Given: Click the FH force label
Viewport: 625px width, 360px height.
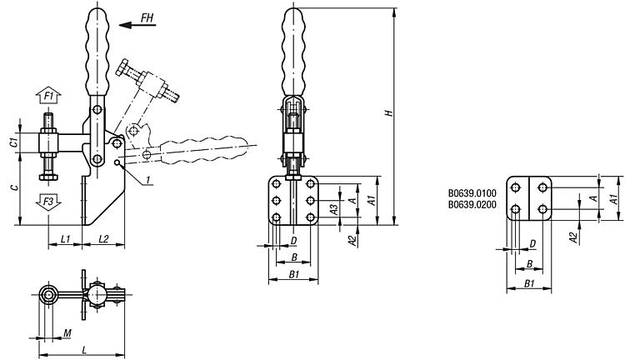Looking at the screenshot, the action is (x=147, y=17).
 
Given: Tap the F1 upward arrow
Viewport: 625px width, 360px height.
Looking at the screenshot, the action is (x=48, y=95).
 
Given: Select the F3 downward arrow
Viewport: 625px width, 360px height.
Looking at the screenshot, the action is (x=48, y=202).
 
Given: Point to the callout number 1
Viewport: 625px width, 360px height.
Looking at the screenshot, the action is (x=147, y=181).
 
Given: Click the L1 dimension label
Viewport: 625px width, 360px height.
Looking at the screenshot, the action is (x=66, y=239).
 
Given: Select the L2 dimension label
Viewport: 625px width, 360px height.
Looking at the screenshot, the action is (x=103, y=239).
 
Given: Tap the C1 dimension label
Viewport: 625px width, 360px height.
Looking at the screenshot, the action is (x=13, y=142).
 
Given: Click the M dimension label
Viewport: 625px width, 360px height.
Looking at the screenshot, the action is (x=67, y=333).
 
